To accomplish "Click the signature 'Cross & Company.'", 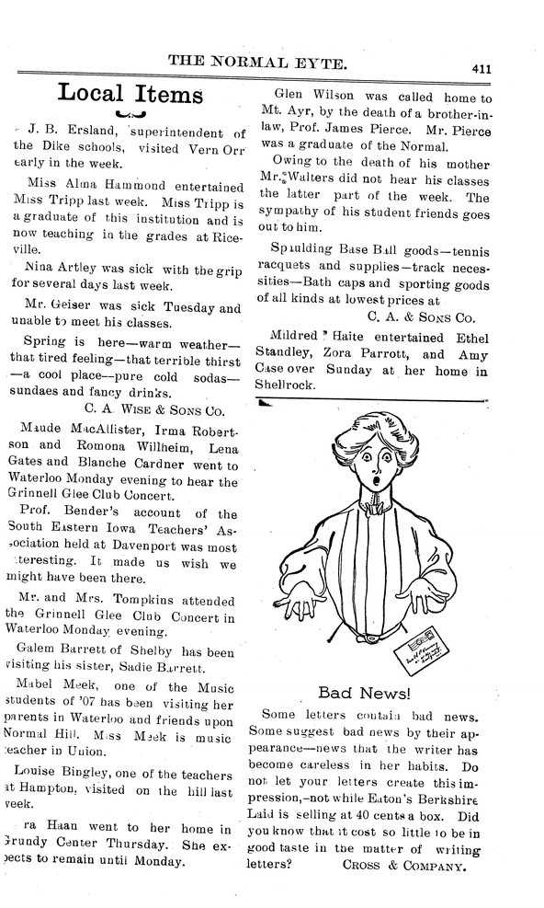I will point(414,865).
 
